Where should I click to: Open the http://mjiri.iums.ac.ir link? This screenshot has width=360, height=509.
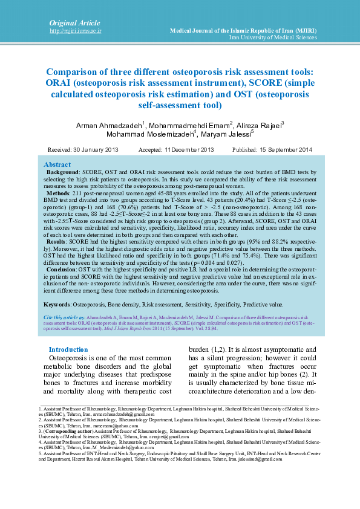click(75, 30)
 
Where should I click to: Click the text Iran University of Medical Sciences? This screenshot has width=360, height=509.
click(273, 37)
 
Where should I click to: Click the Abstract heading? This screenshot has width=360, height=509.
click(57, 164)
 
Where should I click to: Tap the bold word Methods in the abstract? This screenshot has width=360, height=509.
click(59, 193)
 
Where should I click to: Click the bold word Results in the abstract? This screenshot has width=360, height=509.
click(58, 241)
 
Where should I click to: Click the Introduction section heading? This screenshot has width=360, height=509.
click(68, 349)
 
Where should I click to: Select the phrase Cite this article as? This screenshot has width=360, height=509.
click(64, 317)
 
